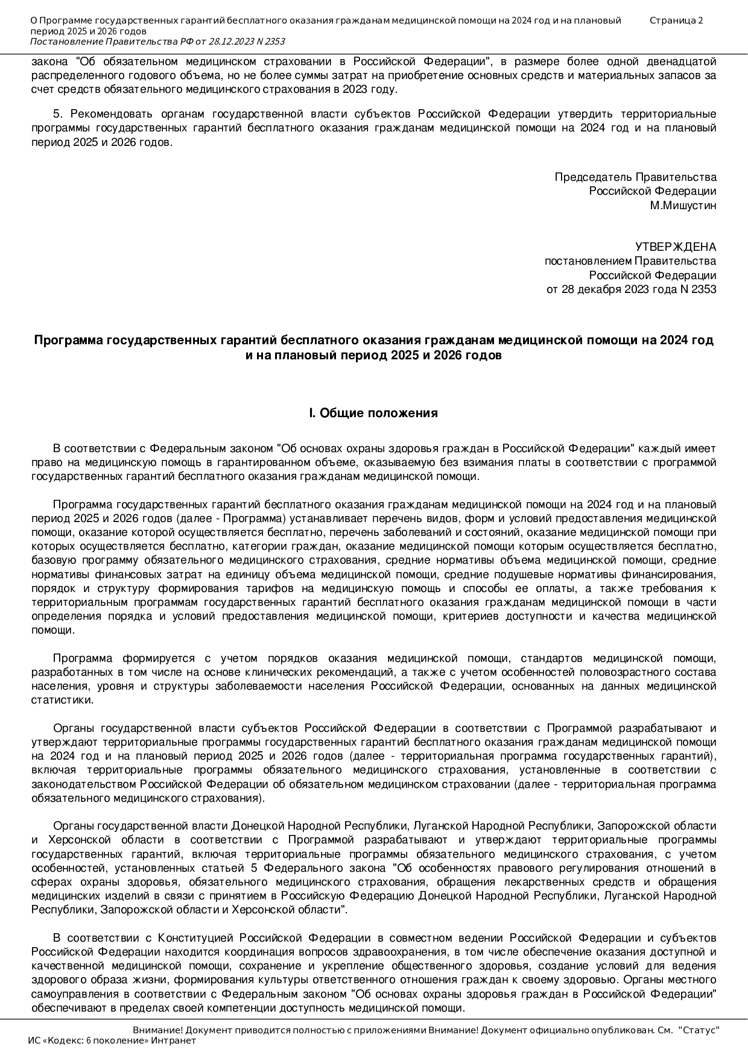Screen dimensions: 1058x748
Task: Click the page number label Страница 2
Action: (676, 20)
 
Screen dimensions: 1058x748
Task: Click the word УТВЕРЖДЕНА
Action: (676, 247)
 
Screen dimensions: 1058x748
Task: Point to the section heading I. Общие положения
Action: (373, 413)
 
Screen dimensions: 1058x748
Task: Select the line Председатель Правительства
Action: (635, 177)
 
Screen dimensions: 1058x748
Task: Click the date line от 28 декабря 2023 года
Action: (631, 289)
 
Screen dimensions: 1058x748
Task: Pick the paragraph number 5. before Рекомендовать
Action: (58, 114)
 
